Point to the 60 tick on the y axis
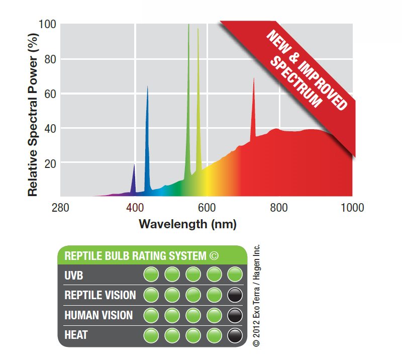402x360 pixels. coord(49,94)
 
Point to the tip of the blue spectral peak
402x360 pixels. coord(147,86)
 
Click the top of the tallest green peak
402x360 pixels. coord(188,25)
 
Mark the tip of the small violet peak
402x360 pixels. coord(134,164)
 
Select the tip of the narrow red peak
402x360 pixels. coord(254,78)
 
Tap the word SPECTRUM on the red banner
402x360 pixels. coord(303,84)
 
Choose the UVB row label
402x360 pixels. coord(74,275)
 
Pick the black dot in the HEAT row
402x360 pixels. coord(235,335)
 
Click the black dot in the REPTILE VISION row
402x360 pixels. coord(235,295)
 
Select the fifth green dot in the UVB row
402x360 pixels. coord(235,275)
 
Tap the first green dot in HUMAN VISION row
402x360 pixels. coord(151,315)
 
